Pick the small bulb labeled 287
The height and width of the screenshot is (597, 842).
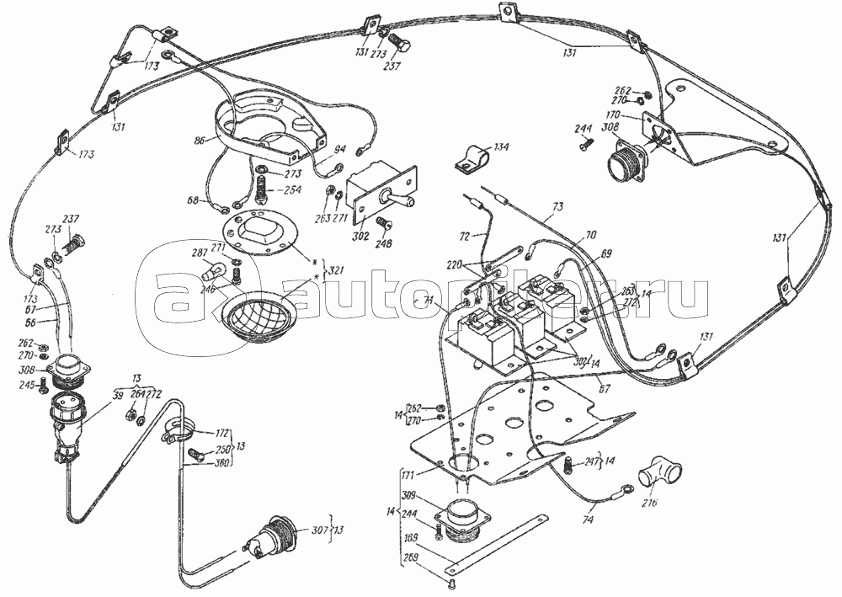pos(213,272)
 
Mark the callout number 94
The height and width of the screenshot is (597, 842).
pos(339,149)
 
